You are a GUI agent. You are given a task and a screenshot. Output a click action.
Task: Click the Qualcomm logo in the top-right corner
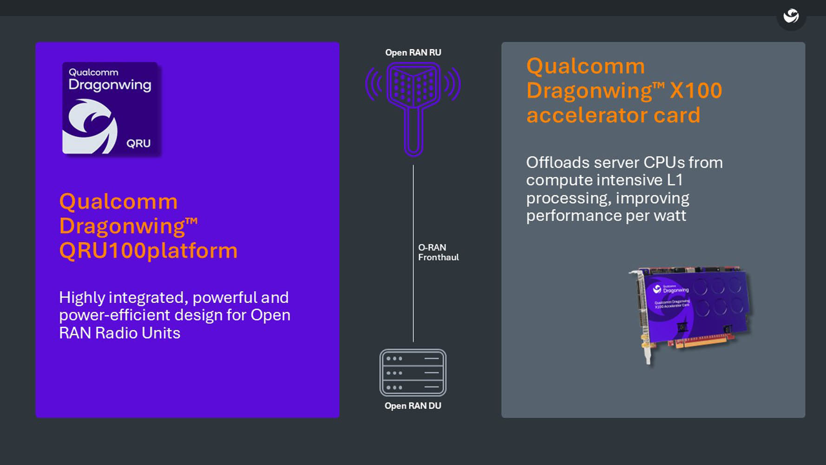click(x=791, y=16)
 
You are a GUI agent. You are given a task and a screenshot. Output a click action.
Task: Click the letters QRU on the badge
click(x=138, y=143)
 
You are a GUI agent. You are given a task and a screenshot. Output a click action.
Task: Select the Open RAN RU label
click(x=413, y=53)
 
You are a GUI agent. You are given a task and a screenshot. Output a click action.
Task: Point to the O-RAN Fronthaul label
click(x=438, y=252)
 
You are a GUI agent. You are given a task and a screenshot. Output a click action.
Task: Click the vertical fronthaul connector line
click(x=413, y=209)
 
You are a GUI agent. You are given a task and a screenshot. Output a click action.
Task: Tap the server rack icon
click(x=413, y=372)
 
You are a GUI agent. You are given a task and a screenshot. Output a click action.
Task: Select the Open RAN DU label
click(x=413, y=405)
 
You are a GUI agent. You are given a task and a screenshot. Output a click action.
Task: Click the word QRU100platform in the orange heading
click(x=148, y=250)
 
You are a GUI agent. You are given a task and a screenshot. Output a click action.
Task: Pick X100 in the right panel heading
click(x=695, y=90)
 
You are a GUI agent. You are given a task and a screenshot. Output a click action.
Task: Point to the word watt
click(x=669, y=216)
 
